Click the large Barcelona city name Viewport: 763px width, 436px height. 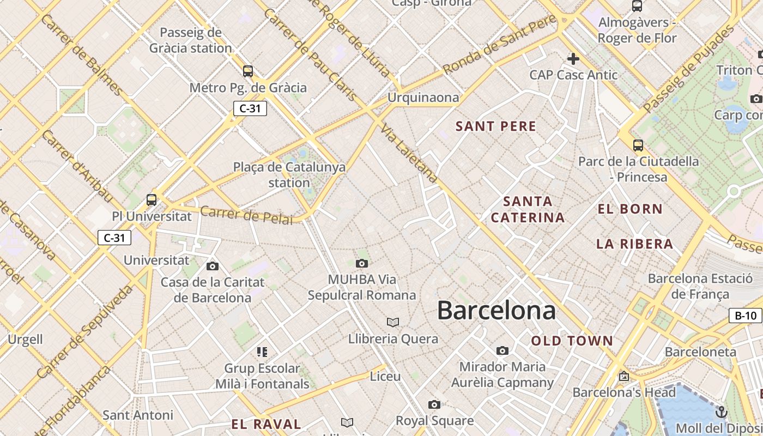tap(496, 310)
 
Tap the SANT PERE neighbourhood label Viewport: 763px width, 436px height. tap(496, 126)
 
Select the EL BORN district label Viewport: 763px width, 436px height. tap(630, 209)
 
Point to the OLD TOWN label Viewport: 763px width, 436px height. tap(572, 341)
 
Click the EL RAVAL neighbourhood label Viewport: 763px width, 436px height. tap(266, 424)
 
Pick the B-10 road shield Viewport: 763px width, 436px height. tap(746, 316)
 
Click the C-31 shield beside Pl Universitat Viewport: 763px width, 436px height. tap(114, 238)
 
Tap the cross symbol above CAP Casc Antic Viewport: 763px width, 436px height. tap(573, 58)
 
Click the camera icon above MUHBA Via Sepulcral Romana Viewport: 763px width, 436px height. tap(361, 264)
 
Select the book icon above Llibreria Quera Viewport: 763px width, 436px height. tap(393, 322)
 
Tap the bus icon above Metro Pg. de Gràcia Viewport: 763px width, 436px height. tap(248, 71)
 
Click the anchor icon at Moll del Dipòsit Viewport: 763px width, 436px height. tap(722, 412)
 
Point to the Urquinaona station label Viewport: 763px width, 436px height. tap(423, 98)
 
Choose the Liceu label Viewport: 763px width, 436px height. tap(385, 377)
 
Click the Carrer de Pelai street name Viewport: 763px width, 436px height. tap(246, 215)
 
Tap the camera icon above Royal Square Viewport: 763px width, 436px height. tap(434, 404)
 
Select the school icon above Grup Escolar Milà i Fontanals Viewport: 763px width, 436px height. tap(262, 352)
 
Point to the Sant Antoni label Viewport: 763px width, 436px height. tap(138, 415)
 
